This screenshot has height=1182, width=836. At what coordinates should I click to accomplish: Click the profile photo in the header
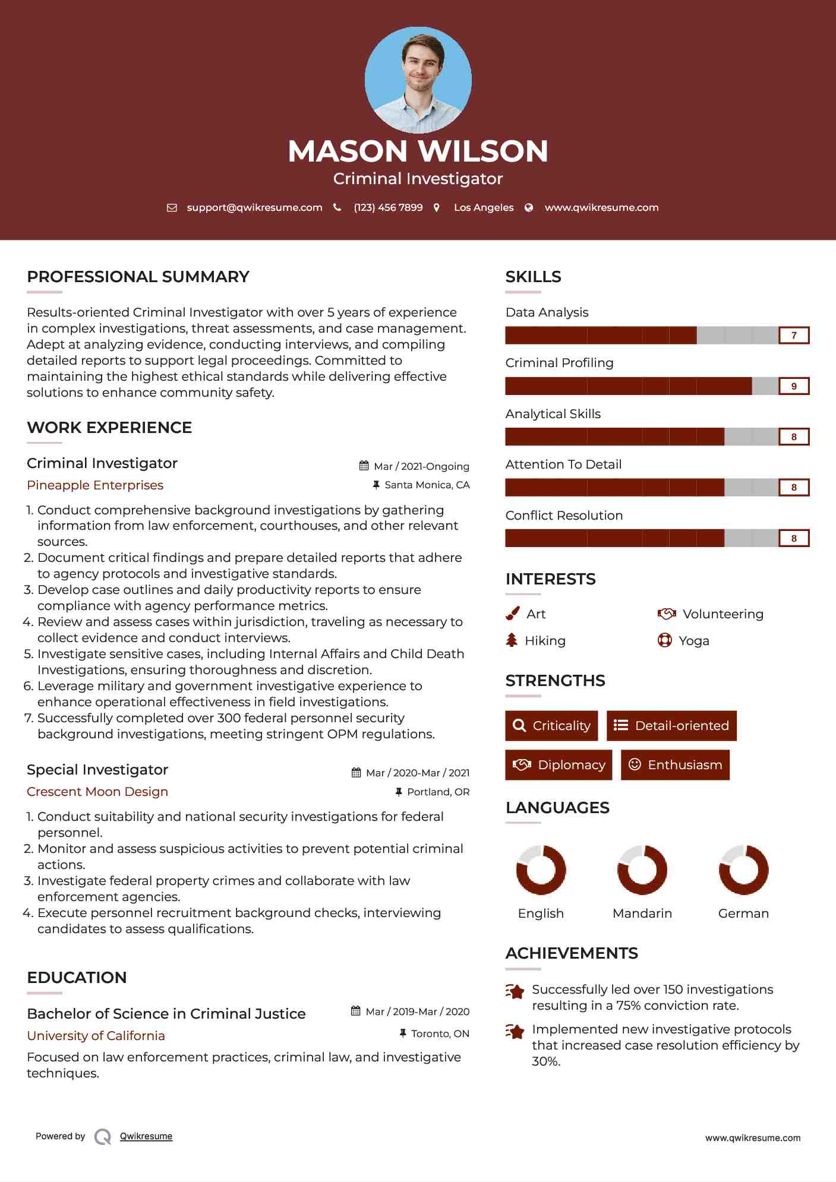point(418,80)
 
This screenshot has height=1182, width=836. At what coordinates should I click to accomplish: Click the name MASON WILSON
point(418,151)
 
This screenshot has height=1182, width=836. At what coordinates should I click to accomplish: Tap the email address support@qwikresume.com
point(254,207)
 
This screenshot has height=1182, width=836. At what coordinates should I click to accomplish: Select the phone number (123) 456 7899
point(388,207)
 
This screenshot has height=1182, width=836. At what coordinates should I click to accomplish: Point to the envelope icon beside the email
point(172,208)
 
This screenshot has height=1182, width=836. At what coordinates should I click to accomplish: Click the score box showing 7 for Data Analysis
point(794,336)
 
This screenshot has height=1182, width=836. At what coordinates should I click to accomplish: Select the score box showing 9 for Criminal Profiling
point(794,386)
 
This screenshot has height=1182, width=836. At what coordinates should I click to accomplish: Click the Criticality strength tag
point(551,726)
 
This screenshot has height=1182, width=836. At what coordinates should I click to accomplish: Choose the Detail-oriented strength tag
point(671,726)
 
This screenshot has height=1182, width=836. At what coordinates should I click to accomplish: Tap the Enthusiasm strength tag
point(675,765)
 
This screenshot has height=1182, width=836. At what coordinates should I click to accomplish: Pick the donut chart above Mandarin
point(642,870)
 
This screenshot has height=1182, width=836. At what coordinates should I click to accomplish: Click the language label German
point(743,914)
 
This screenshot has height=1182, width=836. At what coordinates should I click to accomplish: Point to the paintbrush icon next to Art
point(512,614)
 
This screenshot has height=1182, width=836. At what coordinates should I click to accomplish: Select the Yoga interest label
point(694,641)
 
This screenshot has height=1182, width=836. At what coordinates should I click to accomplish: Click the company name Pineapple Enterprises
point(95,485)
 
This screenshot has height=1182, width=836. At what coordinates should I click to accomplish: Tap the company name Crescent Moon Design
point(97,792)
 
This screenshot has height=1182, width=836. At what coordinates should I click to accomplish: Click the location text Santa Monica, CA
point(427,485)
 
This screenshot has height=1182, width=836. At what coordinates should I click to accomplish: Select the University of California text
point(96,1036)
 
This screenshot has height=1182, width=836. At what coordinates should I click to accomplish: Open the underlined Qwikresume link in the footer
point(146,1136)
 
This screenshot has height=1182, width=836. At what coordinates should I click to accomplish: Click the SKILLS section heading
point(533,277)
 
